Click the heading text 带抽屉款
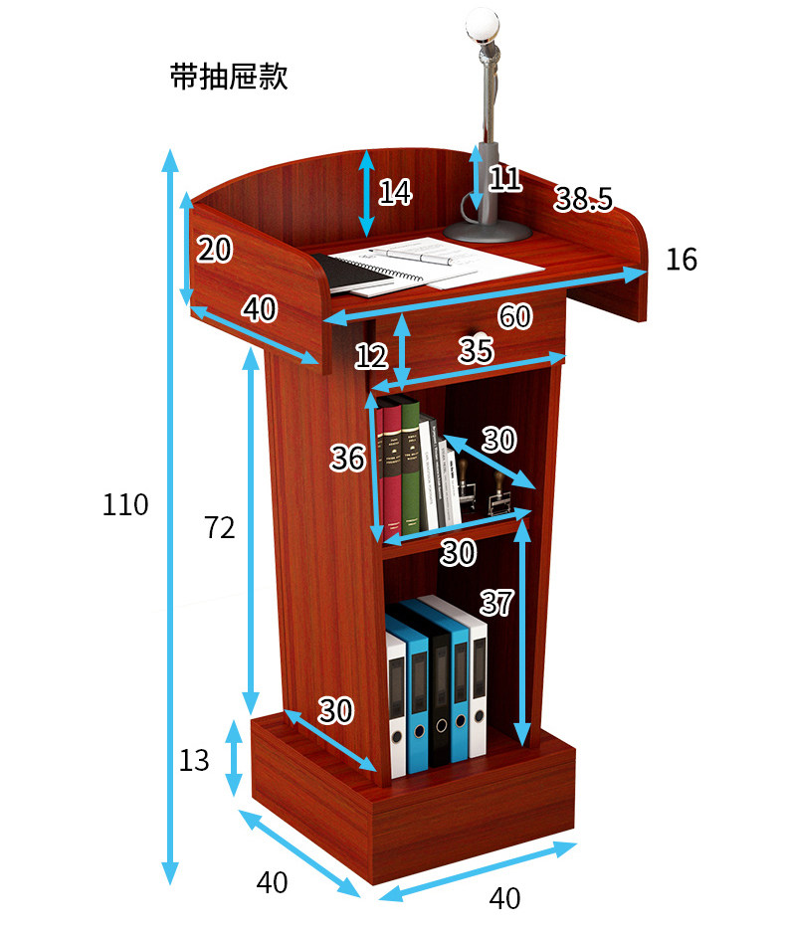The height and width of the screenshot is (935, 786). point(229,78)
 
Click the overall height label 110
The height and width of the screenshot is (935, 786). point(125,505)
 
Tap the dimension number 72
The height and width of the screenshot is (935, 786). point(219,528)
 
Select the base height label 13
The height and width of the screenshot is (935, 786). point(195,761)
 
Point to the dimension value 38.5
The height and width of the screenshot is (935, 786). point(583,199)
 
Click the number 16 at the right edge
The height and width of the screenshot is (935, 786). point(682,260)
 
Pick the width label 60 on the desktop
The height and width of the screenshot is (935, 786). point(514,317)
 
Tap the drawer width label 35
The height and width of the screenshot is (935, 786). point(476,350)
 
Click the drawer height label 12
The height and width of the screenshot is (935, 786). point(371,355)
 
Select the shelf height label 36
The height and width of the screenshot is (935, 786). point(348,459)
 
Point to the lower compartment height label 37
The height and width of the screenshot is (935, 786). point(496,603)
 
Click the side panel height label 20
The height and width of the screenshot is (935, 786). point(215,250)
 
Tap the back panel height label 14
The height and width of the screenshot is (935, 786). point(395,191)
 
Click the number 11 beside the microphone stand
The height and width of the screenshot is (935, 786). point(505,179)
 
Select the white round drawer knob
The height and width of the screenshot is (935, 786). point(480,338)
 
